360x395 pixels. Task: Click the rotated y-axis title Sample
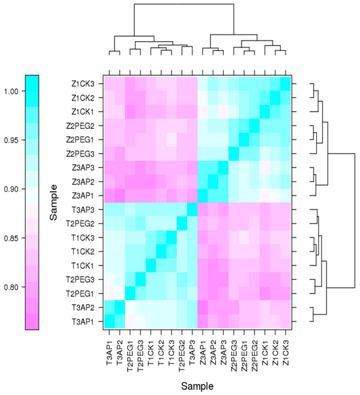(x=55, y=202)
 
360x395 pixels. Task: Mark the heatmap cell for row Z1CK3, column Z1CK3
(x=285, y=84)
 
